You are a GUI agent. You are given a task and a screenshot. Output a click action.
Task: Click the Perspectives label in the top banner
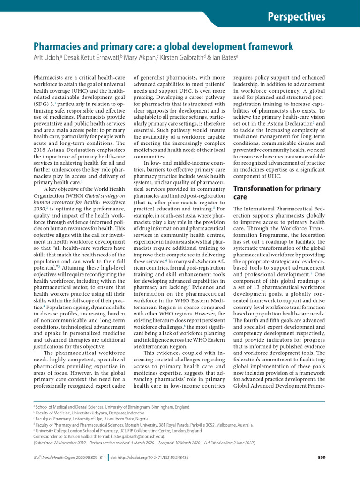pyautogui.click(x=296, y=17)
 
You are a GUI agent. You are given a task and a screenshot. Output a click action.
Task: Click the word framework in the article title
pyautogui.click(x=269, y=46)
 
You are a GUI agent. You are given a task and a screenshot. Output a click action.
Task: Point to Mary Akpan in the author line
pyautogui.click(x=140, y=57)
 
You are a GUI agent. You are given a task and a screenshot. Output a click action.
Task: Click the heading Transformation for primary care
pyautogui.click(x=277, y=193)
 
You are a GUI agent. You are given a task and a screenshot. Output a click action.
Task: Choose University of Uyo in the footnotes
pyautogui.click(x=85, y=419)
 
